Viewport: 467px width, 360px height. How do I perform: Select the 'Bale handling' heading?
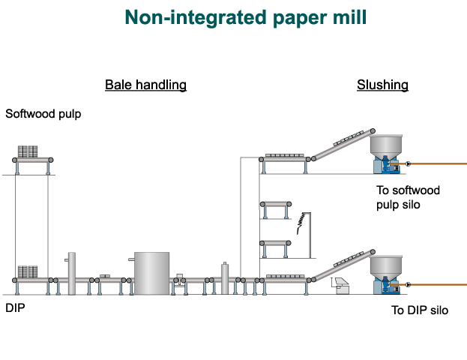click(x=145, y=85)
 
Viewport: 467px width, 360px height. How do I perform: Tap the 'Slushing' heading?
click(x=382, y=85)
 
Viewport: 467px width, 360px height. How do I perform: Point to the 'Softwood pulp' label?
click(x=43, y=114)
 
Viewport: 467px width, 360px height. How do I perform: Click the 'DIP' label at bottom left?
click(x=15, y=307)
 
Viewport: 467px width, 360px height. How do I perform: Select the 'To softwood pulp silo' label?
click(x=408, y=196)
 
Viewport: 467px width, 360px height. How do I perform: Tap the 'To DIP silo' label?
click(x=420, y=310)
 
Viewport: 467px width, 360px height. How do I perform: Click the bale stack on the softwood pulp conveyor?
click(x=28, y=151)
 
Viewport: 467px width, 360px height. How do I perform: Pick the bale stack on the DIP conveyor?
click(x=28, y=271)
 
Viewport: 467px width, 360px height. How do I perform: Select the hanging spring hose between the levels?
click(x=301, y=221)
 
